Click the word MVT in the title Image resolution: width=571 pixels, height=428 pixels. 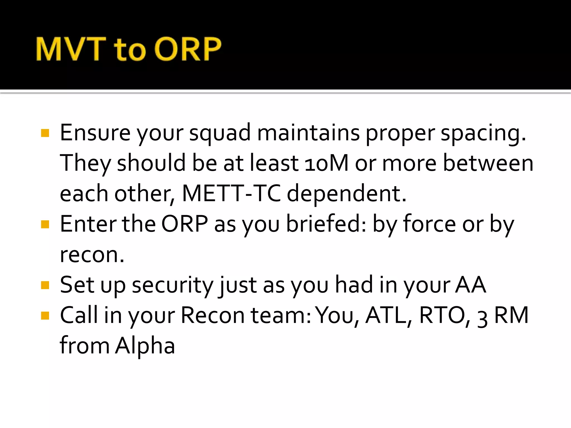pos(71,49)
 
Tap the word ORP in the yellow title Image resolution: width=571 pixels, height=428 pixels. pos(188,49)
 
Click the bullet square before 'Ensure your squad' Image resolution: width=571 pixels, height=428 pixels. pos(45,133)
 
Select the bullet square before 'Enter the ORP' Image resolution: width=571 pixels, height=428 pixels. pos(45,224)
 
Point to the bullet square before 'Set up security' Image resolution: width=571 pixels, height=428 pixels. pos(45,285)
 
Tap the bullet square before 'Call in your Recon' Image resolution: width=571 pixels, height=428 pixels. pos(45,315)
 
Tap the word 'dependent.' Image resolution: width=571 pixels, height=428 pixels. pos(347,193)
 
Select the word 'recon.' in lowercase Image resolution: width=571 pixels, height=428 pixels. pos(92,255)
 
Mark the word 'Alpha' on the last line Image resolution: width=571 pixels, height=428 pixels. pos(145,346)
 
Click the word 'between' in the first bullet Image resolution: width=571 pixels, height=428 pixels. pos(488,163)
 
